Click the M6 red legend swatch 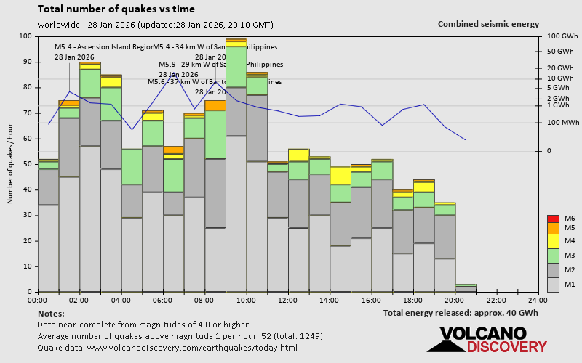(552, 219)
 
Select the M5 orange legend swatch (552, 228)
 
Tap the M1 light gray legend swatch (552, 283)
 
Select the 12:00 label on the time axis (287, 300)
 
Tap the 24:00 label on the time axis (538, 300)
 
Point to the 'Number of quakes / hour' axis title (11, 164)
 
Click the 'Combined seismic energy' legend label (488, 23)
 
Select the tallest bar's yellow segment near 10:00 (236, 44)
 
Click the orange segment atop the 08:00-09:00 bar (215, 105)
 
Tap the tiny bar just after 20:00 (466, 288)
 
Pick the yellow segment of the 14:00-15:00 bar (340, 175)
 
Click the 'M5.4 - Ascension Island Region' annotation (104, 47)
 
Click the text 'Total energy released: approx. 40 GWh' (461, 313)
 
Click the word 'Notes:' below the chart (51, 313)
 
